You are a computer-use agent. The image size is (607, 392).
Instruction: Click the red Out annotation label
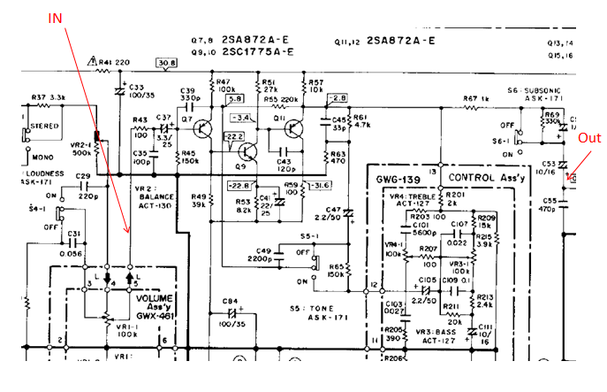588,138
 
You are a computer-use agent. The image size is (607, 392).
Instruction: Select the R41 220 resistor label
118,63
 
